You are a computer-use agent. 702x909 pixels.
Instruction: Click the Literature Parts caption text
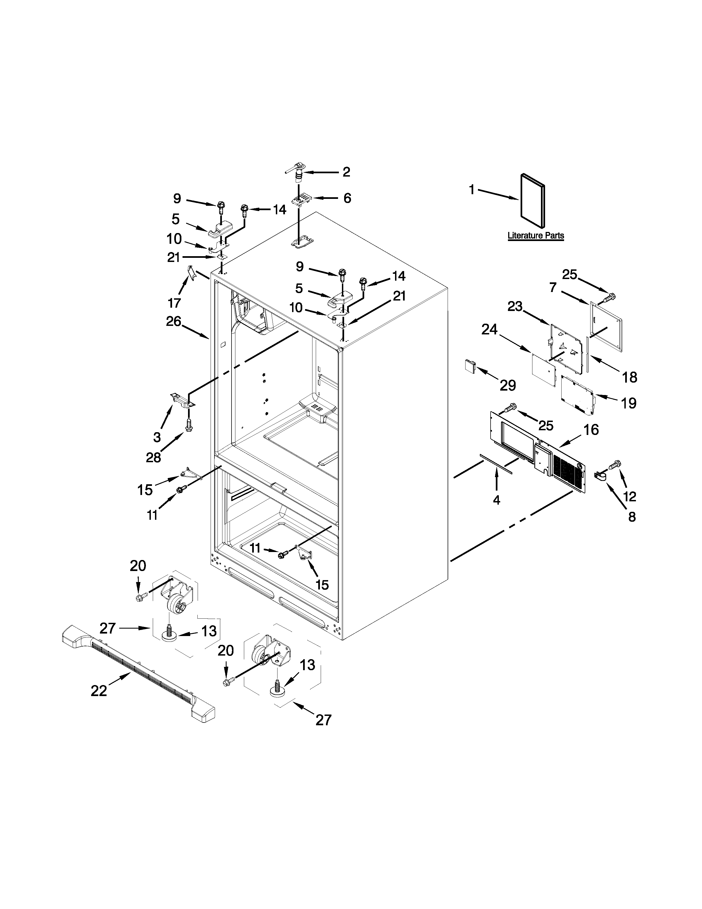click(536, 236)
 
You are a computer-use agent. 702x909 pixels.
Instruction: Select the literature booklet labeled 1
click(532, 201)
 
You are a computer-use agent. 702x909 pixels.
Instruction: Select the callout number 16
click(591, 429)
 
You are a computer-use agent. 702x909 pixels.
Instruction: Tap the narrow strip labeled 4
click(496, 463)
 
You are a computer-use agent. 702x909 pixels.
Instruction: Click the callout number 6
click(347, 198)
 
